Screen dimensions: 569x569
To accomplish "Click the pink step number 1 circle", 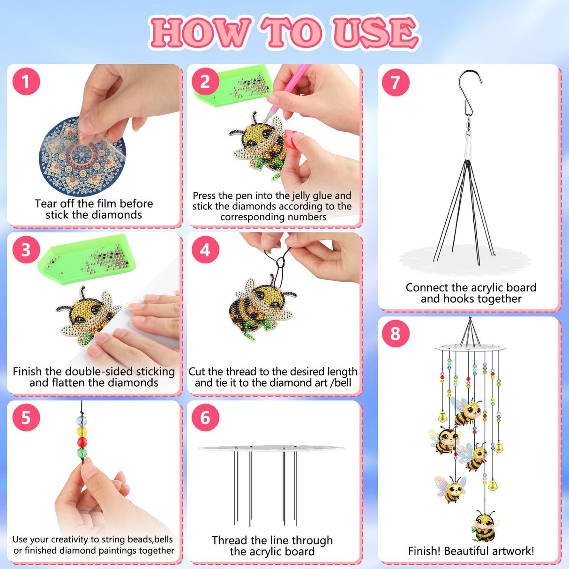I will [26, 82].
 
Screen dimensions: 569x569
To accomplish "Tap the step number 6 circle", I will [205, 417].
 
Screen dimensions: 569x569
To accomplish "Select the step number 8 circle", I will [396, 333].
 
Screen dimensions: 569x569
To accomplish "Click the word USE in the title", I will [375, 33].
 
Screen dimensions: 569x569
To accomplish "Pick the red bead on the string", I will [82, 442].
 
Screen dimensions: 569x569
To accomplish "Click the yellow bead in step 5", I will [82, 431].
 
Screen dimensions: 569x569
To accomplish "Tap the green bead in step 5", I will [82, 453].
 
